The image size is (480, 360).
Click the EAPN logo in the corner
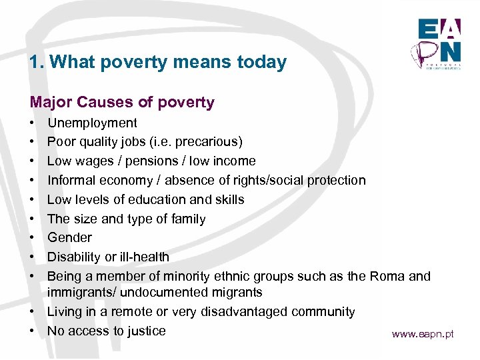(x=439, y=41)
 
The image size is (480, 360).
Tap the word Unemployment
(x=92, y=123)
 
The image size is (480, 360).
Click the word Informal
(x=71, y=180)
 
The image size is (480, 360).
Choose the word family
(x=188, y=219)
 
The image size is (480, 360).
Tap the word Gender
(x=69, y=237)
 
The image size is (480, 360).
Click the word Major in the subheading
(x=51, y=102)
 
